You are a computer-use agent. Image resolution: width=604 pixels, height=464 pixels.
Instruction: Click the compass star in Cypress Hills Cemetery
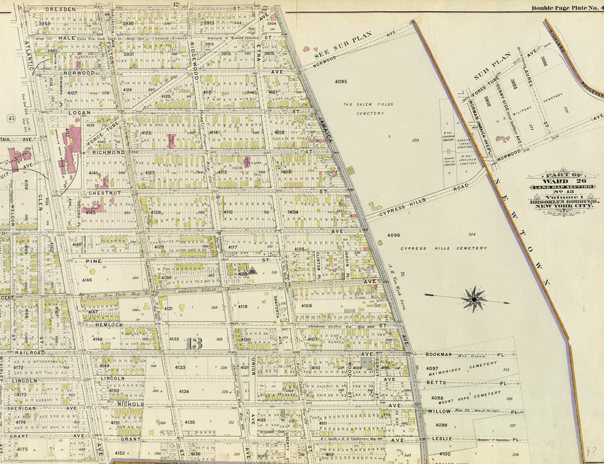[x=474, y=299]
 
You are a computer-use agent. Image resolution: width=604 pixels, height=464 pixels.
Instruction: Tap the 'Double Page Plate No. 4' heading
[x=566, y=8]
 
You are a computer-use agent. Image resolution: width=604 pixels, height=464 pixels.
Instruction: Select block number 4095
[x=341, y=81]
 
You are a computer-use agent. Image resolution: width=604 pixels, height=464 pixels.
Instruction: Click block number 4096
[x=394, y=236]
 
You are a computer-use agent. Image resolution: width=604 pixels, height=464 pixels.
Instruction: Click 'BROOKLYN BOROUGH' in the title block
[x=564, y=202]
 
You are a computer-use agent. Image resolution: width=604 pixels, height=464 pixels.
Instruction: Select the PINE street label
[x=94, y=260]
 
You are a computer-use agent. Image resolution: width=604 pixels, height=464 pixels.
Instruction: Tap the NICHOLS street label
[x=131, y=404]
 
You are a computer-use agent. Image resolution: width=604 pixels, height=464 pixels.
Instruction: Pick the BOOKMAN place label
[x=438, y=354]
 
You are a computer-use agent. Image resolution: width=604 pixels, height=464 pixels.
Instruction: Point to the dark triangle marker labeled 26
[x=252, y=272]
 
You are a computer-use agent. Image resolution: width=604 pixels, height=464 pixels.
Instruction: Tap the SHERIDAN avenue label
[x=22, y=408]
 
